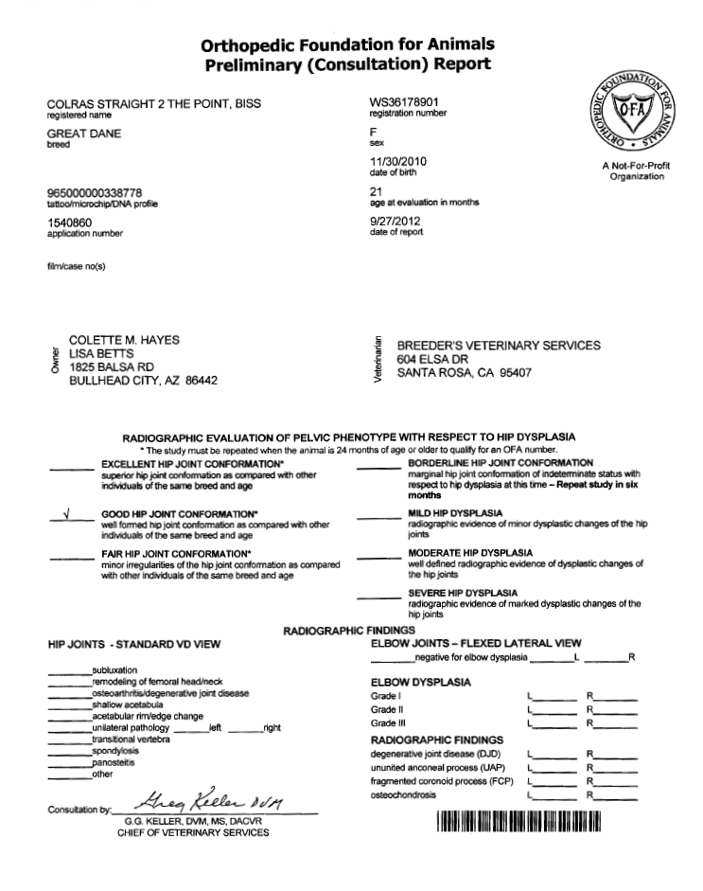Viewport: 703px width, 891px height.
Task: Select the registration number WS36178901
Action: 404,101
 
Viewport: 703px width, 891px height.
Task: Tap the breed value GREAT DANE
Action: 84,134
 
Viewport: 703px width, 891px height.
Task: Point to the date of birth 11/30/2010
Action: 398,162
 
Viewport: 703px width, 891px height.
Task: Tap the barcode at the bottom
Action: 518,822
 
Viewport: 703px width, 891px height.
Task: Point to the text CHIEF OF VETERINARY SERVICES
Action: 192,833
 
